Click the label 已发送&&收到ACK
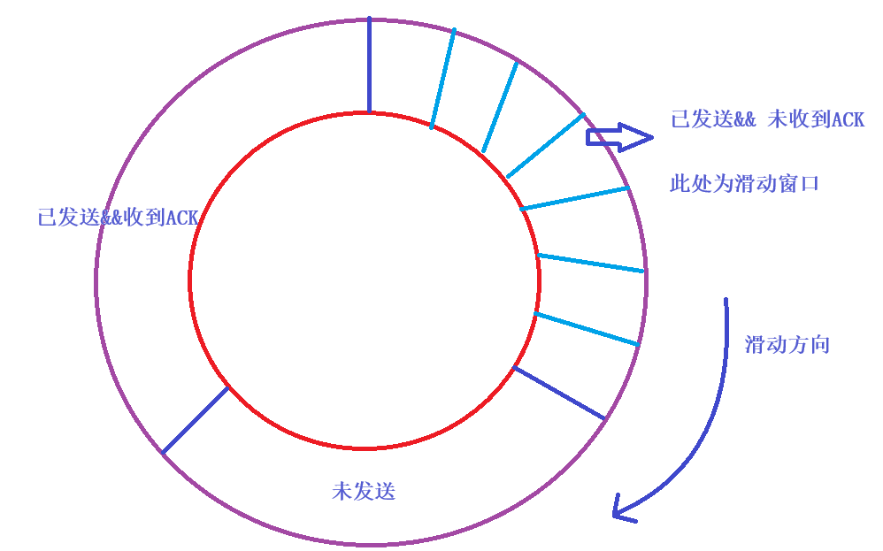(118, 218)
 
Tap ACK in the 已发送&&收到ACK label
(182, 218)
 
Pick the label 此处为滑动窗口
(745, 184)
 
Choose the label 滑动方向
(787, 345)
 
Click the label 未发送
(364, 491)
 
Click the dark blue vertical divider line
(369, 65)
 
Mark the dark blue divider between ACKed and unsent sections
(196, 420)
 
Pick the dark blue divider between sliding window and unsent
(559, 393)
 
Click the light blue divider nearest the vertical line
(442, 79)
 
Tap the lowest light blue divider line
(587, 328)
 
